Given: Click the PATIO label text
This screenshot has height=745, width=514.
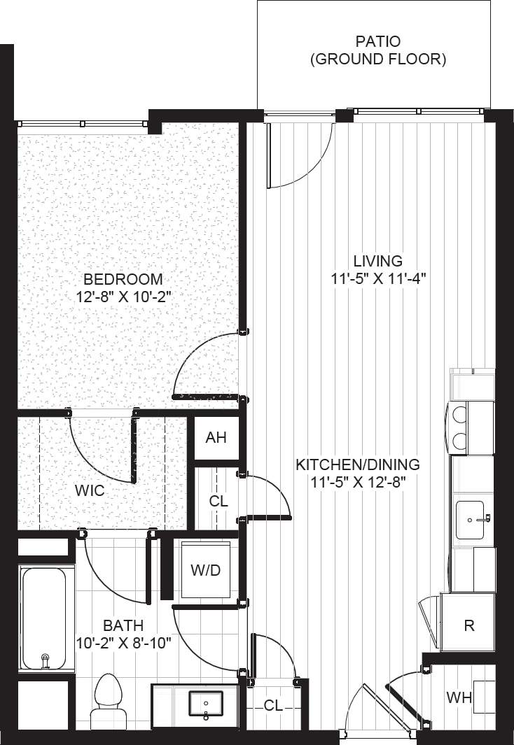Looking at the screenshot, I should click(x=378, y=42).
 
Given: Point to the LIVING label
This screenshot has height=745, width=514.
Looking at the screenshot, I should click(x=378, y=261).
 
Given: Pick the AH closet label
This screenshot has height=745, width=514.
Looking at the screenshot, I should click(x=216, y=439).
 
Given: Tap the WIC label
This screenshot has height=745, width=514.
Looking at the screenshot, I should click(x=90, y=490).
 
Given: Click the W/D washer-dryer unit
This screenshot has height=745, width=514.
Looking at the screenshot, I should click(x=205, y=570).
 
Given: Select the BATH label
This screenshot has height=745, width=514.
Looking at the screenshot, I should click(x=123, y=625).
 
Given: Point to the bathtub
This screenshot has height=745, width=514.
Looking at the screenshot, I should click(x=43, y=619).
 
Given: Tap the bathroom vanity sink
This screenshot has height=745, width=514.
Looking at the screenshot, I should click(x=206, y=704).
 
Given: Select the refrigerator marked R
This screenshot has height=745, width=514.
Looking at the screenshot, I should click(x=468, y=625).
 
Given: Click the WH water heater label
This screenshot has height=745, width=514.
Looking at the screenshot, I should click(x=459, y=697).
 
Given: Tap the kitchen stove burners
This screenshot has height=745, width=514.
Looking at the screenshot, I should click(x=460, y=427).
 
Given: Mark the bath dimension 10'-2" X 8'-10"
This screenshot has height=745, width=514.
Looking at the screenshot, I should click(x=123, y=641).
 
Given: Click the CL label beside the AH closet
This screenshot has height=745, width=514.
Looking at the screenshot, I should click(x=218, y=501).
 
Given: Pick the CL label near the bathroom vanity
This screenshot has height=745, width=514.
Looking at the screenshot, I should click(x=273, y=706).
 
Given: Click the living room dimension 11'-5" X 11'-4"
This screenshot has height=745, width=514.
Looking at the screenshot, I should click(x=378, y=278).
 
